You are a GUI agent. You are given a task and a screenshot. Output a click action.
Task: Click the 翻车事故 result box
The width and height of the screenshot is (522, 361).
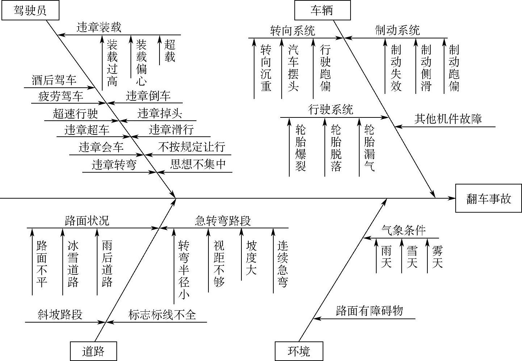point(488,198)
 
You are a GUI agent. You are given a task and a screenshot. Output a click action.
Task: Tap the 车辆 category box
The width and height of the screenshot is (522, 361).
point(322,10)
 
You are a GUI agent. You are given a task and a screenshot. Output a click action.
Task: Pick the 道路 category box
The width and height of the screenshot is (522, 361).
point(93,351)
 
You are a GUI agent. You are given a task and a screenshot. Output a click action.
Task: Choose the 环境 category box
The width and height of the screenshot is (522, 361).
point(299,351)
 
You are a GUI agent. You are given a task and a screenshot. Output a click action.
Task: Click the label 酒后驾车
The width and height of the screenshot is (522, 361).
point(54,80)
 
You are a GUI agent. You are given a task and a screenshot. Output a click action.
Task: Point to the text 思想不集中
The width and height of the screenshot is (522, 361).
point(198,165)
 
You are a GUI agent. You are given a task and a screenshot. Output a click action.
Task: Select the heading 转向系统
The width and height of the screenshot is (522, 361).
point(293,30)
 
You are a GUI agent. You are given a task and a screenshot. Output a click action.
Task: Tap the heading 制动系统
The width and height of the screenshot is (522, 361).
point(397,30)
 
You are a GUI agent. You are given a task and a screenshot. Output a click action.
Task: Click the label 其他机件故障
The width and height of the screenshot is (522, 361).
point(448,119)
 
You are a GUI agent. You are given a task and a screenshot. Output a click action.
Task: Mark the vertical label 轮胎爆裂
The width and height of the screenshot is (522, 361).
point(301,148)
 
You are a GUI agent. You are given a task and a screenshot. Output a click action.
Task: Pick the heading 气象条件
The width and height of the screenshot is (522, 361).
point(403,230)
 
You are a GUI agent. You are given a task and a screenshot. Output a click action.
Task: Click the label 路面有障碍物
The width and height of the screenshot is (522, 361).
point(369,311)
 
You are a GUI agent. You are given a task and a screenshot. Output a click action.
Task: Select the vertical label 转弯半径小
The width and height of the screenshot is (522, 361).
point(184,269)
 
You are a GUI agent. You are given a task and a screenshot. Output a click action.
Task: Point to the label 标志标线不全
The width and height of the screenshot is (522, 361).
point(162,314)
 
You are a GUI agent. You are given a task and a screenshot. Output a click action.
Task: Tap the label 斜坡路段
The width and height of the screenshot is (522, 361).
point(60,314)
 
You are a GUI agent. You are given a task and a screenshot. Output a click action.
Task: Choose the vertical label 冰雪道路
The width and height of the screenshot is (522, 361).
point(73,264)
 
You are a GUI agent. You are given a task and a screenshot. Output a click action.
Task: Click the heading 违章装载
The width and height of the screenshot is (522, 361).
point(99,27)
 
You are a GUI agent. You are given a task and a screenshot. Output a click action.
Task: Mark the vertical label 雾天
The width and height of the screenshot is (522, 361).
point(437,257)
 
